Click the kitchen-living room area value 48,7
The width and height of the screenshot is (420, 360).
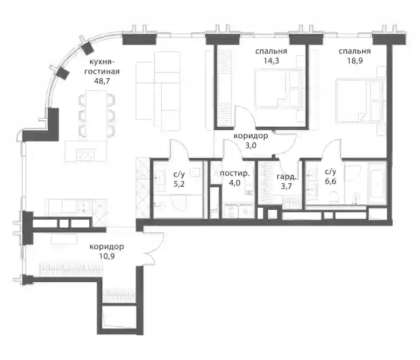[102, 81]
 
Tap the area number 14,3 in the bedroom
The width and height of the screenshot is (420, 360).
[271, 60]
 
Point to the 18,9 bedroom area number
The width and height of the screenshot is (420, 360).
[355, 60]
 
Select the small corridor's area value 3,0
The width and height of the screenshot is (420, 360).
[251, 145]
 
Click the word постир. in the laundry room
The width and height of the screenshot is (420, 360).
[235, 174]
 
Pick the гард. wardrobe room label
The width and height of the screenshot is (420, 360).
[286, 177]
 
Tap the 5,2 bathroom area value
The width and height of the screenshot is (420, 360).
[179, 184]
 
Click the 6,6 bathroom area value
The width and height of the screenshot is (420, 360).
[331, 181]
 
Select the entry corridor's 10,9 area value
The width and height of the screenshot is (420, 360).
[107, 256]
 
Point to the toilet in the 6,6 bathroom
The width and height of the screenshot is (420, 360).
[334, 197]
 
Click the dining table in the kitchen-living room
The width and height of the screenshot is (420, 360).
[97, 114]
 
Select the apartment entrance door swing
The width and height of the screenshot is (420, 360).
[153, 248]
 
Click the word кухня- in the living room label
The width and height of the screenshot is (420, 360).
[102, 62]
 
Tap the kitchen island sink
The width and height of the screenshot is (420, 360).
[86, 155]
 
